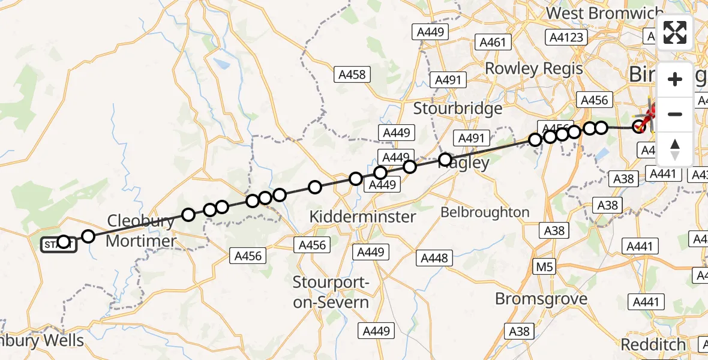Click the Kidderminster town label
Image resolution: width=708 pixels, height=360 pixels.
[362, 216]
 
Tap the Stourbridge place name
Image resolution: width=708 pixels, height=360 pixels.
[458, 109]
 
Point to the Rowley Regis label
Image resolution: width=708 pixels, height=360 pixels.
[533, 68]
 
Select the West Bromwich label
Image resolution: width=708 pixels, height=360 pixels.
[605, 13]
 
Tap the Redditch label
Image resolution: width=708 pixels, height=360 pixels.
[653, 344]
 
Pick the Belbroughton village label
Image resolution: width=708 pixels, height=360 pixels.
[485, 212]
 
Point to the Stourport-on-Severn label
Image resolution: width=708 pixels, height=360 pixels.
[331, 292]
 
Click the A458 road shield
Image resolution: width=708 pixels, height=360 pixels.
[352, 74]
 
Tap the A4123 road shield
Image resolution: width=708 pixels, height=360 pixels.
[566, 37]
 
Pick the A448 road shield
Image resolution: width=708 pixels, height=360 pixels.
[434, 258]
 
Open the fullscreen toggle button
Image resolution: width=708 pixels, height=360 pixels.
[675, 32]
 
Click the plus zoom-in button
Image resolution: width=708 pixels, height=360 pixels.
[675, 79]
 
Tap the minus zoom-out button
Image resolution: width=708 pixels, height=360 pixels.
[675, 114]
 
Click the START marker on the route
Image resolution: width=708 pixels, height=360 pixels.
[59, 244]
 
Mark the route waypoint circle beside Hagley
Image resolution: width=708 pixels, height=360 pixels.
[445, 160]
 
